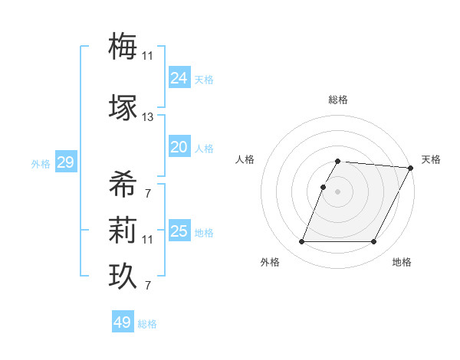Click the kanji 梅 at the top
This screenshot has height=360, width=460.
pos(123,46)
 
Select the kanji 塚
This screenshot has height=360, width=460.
pos(123,109)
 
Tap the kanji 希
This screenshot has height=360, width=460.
pos(123,184)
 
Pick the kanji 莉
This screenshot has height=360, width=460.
pos(123,230)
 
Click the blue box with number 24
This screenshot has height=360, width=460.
pos(179,77)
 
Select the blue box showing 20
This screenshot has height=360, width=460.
pos(179,147)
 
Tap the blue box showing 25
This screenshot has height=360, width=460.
pos(179,231)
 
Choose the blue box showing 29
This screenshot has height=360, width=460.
pos(65,162)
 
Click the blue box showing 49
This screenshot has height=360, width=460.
pos(123,322)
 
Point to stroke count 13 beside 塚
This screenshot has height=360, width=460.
pos(148,117)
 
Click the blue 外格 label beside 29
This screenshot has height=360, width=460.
pos(41,163)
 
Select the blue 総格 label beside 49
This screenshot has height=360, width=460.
pos(147,324)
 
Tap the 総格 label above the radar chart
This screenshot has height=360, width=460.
pos(338,100)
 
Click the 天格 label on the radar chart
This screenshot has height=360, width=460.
pos(431,159)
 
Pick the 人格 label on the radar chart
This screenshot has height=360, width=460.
pos(245,159)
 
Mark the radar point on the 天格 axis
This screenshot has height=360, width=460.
pos(410,168)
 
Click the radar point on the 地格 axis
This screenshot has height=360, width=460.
pos(374,242)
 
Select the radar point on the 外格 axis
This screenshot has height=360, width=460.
pos(301,242)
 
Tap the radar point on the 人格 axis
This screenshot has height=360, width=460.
pos(324,187)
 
